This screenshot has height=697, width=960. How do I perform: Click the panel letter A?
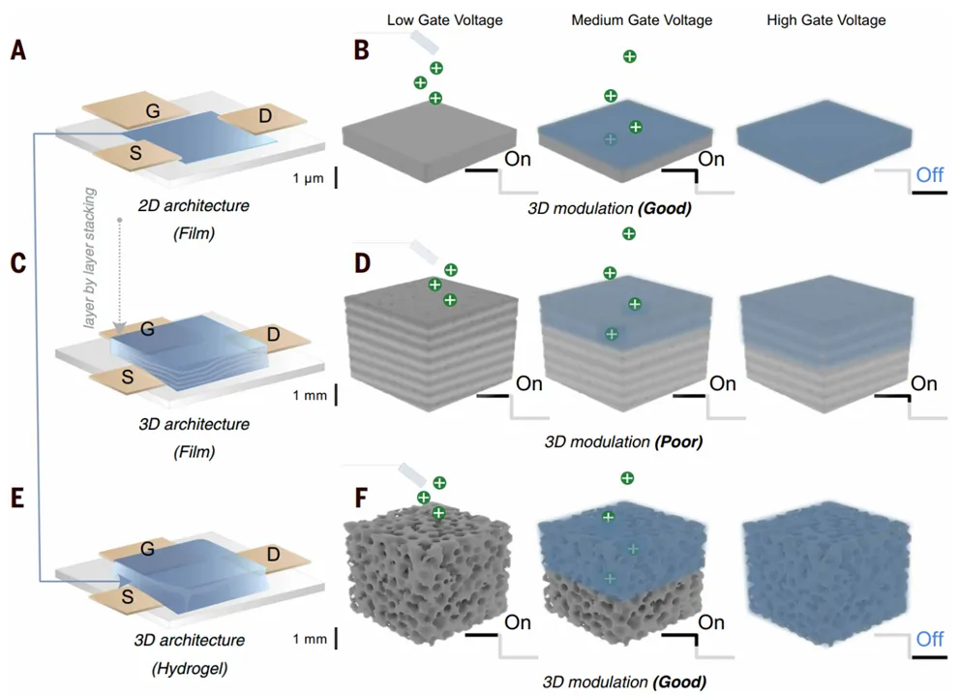[17, 50]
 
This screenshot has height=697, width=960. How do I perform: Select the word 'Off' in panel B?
[929, 174]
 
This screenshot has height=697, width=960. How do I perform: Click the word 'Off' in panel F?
[929, 639]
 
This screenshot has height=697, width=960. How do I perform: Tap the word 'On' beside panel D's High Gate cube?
[923, 384]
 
